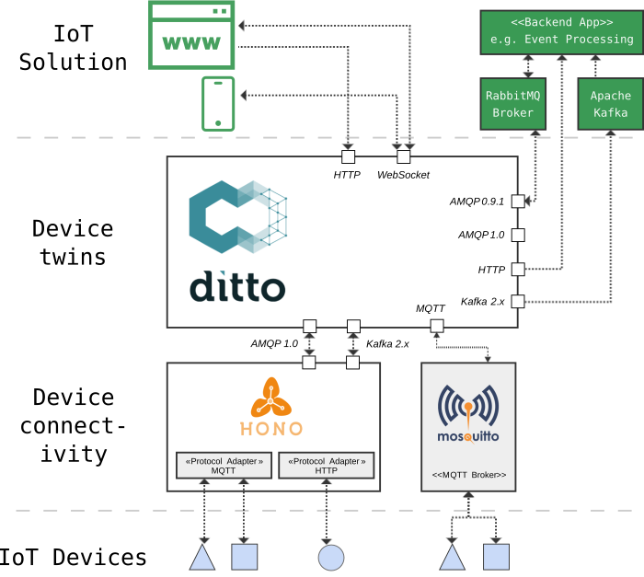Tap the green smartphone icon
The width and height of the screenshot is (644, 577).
click(218, 104)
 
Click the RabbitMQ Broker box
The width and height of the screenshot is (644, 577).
click(513, 103)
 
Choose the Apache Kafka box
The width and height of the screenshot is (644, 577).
click(610, 103)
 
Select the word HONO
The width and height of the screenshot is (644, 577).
click(271, 429)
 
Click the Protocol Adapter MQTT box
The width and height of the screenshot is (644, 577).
click(224, 465)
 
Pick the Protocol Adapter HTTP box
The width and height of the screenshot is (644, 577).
click(327, 465)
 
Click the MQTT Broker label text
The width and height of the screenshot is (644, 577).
click(468, 476)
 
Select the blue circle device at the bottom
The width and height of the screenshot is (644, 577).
click(330, 557)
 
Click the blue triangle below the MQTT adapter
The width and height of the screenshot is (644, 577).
click(202, 558)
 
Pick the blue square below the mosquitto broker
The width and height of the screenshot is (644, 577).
click(496, 557)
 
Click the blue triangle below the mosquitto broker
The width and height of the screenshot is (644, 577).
click(452, 558)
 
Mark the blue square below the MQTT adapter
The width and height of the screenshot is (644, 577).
click(244, 557)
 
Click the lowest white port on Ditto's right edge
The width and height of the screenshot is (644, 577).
click(518, 301)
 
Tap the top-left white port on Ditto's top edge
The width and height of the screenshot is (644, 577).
click(348, 156)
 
